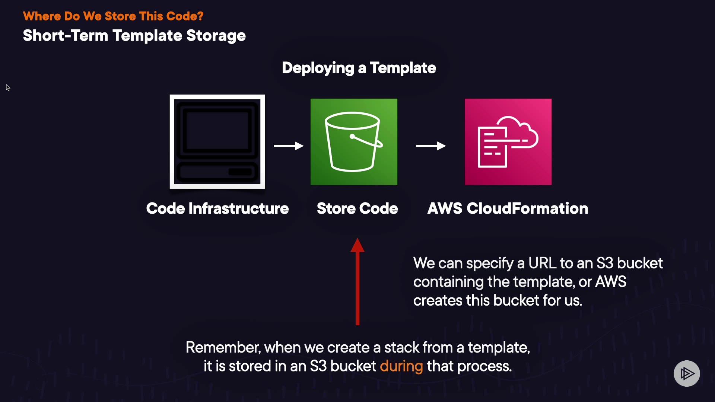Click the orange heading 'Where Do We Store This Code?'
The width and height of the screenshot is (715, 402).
113,16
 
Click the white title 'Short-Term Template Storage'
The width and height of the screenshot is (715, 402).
134,36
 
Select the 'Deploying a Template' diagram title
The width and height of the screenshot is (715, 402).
359,68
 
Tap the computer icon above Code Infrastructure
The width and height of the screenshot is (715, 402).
217,142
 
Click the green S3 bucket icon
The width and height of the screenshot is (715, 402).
354,142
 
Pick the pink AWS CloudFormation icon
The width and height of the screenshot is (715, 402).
508,142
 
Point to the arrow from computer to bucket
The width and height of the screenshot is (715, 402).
289,146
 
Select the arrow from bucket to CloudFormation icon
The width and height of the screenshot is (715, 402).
431,146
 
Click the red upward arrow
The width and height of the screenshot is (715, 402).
357,282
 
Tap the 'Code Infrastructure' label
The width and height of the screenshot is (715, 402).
217,208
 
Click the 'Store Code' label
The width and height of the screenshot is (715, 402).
357,208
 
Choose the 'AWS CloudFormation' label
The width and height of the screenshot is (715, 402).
508,208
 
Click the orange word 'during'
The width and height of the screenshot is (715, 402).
401,367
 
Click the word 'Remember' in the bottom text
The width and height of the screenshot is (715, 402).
223,348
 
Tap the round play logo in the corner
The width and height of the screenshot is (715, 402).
687,373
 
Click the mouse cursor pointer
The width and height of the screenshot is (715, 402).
8,87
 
